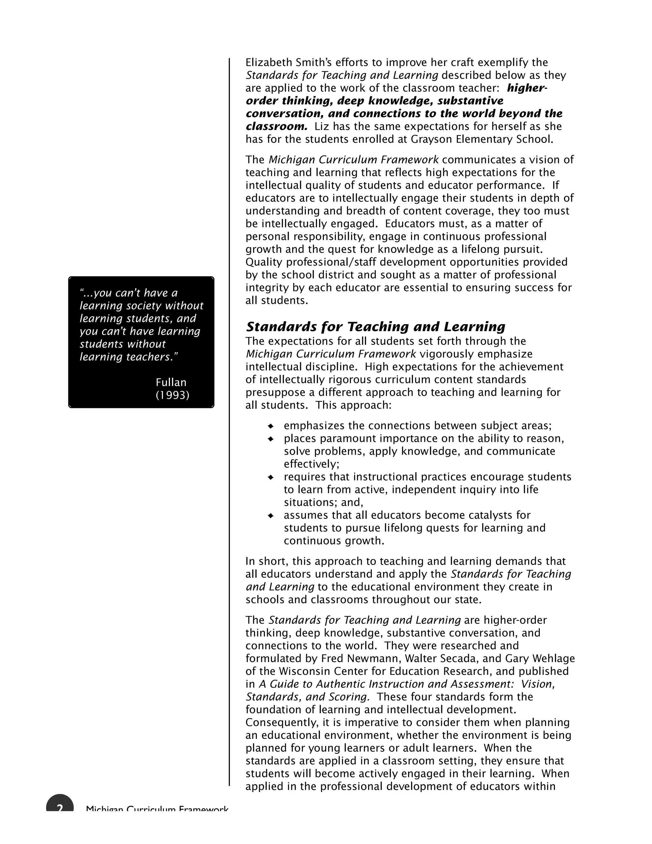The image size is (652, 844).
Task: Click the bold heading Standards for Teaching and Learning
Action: click(375, 327)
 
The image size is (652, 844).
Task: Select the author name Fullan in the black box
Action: click(171, 383)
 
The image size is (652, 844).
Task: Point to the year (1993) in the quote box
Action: click(172, 395)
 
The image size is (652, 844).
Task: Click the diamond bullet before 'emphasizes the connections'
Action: click(271, 426)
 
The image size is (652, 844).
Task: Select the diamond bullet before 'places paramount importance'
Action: click(271, 439)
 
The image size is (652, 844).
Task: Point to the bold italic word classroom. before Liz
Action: click(277, 126)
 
